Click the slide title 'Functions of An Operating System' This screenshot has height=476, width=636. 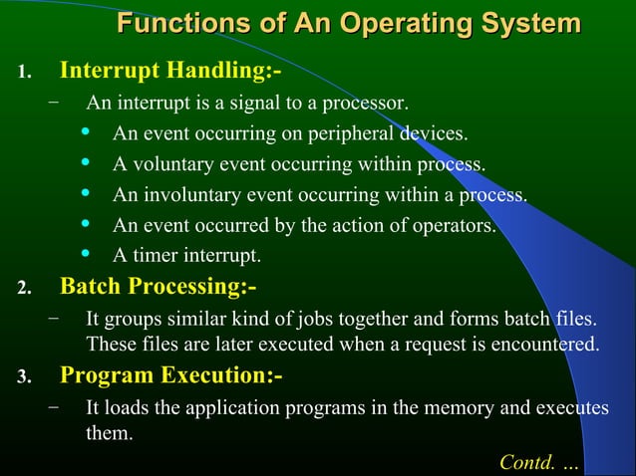[348, 24]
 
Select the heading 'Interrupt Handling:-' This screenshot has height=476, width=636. [162, 72]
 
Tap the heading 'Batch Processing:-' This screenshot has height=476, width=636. [159, 287]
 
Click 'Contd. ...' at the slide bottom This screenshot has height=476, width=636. [537, 463]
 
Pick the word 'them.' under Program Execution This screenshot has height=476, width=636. [109, 434]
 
